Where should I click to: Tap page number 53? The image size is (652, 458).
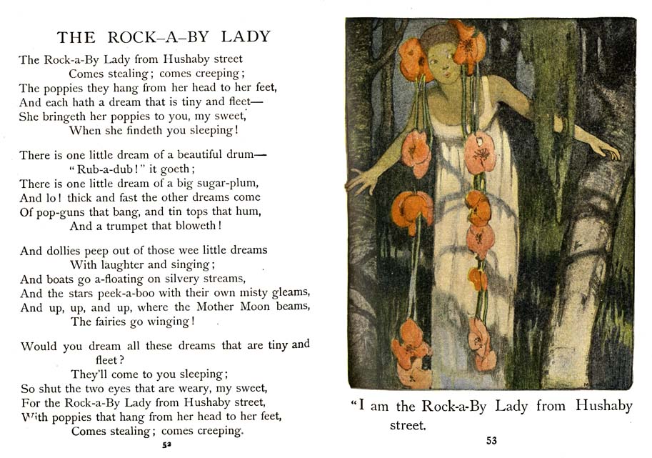tap(491, 441)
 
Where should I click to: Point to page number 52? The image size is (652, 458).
tap(166, 444)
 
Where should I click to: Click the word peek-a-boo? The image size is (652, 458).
tap(136, 292)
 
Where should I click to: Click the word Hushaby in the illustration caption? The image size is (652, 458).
tap(603, 407)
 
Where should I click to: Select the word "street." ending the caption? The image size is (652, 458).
tap(407, 427)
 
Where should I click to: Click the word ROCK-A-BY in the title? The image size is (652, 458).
tap(149, 37)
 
